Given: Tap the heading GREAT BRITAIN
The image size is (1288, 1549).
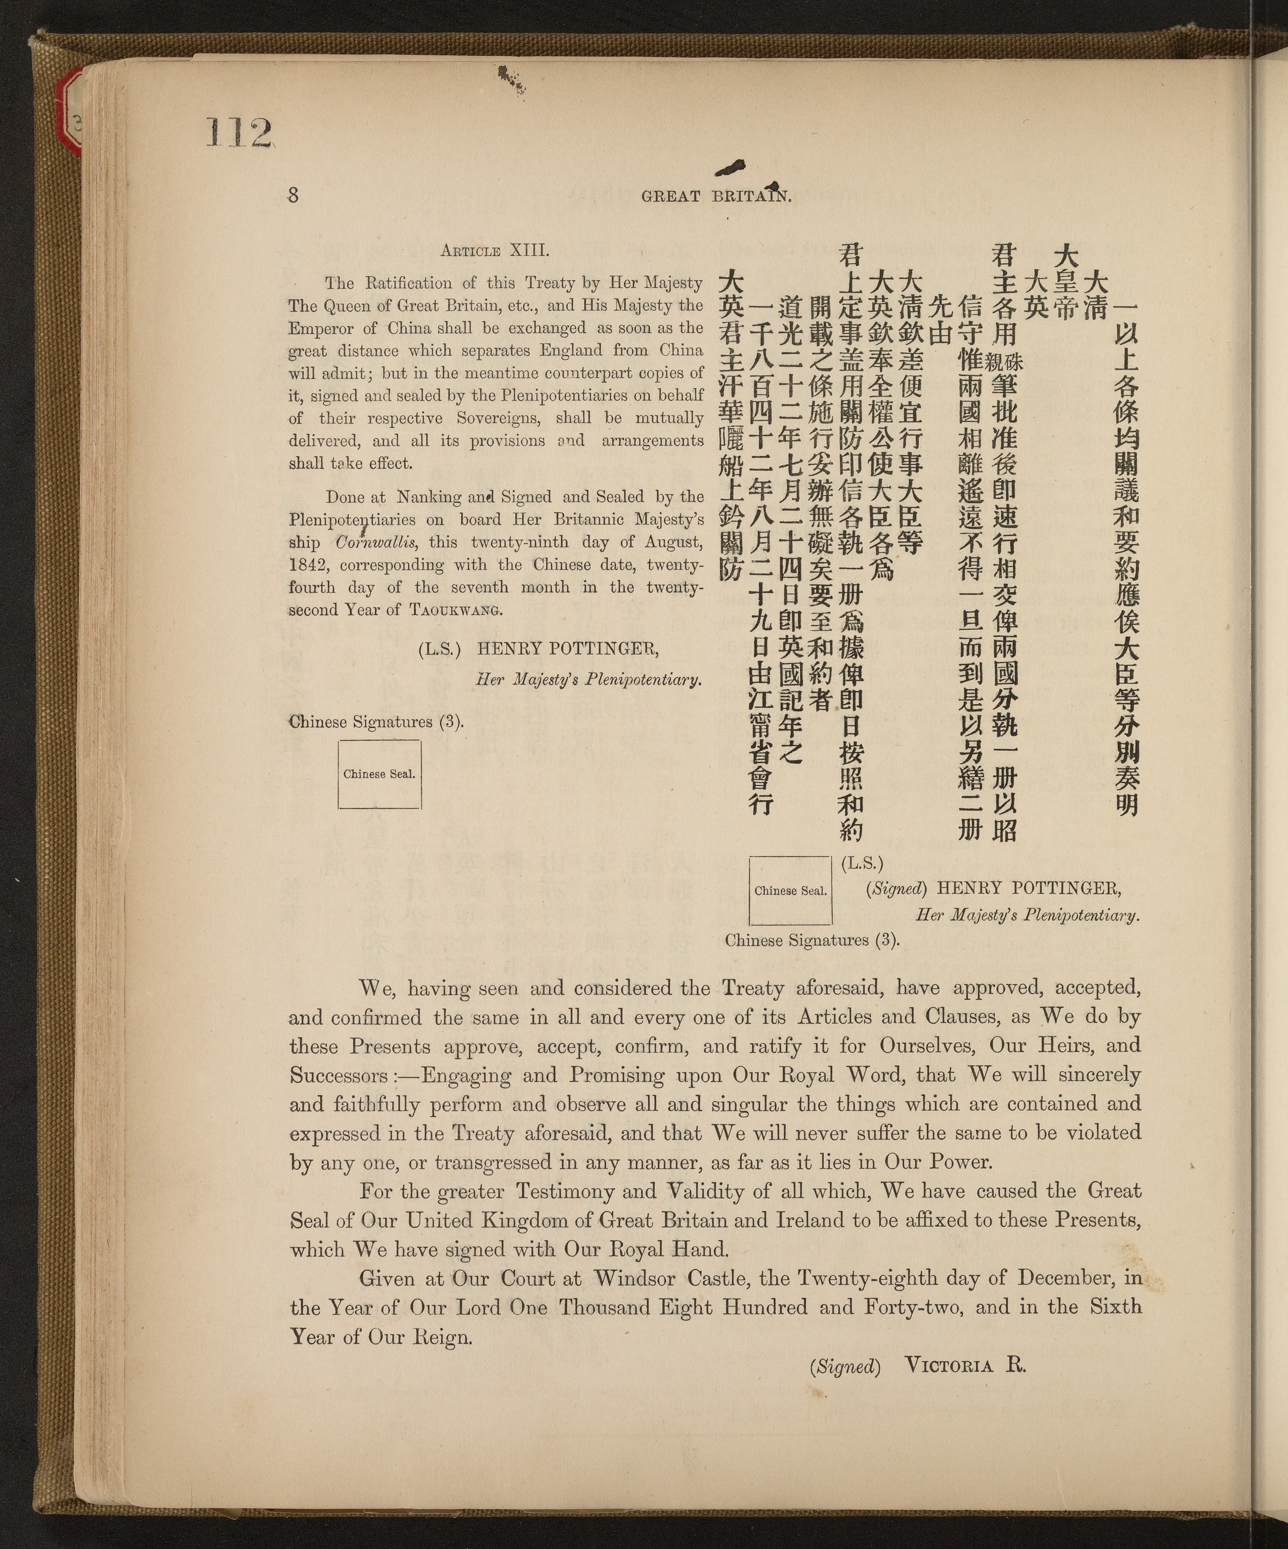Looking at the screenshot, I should point(715,197).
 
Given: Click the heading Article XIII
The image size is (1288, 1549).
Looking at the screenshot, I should point(494,250).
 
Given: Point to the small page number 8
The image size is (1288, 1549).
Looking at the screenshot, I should point(293,195).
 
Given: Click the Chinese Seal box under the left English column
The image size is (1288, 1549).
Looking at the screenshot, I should point(379,774).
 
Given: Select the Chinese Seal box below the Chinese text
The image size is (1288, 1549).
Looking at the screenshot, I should point(790,890).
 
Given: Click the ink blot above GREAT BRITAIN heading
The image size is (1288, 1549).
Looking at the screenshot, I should point(729,168).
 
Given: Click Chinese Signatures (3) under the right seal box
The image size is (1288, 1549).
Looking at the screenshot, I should point(812,940).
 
